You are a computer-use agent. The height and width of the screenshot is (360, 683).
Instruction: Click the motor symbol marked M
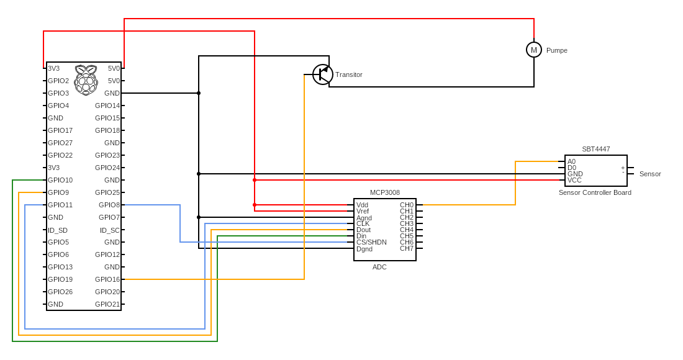(534, 50)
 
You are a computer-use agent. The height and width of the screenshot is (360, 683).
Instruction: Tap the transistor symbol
(323, 74)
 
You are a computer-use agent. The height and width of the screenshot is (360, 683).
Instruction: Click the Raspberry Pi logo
(86, 79)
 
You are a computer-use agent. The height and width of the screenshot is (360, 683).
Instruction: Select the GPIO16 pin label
(107, 279)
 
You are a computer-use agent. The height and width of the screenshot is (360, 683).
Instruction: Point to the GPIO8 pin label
(109, 205)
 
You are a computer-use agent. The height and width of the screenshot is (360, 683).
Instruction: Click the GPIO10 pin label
(60, 180)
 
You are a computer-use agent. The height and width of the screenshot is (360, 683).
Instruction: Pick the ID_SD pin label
(58, 230)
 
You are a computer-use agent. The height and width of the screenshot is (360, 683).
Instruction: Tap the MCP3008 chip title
(385, 193)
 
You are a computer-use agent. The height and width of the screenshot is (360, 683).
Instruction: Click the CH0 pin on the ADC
(407, 205)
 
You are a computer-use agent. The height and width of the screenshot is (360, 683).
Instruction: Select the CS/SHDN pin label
(371, 242)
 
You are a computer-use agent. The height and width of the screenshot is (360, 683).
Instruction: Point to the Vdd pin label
(362, 205)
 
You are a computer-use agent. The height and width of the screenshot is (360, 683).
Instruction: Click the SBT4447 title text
(596, 149)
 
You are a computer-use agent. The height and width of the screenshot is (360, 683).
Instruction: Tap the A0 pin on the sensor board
(571, 161)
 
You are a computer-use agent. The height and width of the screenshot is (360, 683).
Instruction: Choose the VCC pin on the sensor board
(574, 180)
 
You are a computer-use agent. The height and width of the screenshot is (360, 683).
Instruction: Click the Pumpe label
(557, 50)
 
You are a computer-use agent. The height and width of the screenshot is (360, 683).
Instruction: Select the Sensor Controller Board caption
(595, 192)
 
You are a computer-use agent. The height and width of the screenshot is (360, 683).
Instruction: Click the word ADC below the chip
(379, 267)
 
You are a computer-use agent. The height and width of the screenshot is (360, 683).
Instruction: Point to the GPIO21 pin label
(107, 304)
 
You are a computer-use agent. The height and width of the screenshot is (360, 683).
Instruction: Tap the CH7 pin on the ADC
(407, 248)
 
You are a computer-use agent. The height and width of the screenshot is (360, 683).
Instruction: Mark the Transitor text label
(349, 74)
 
